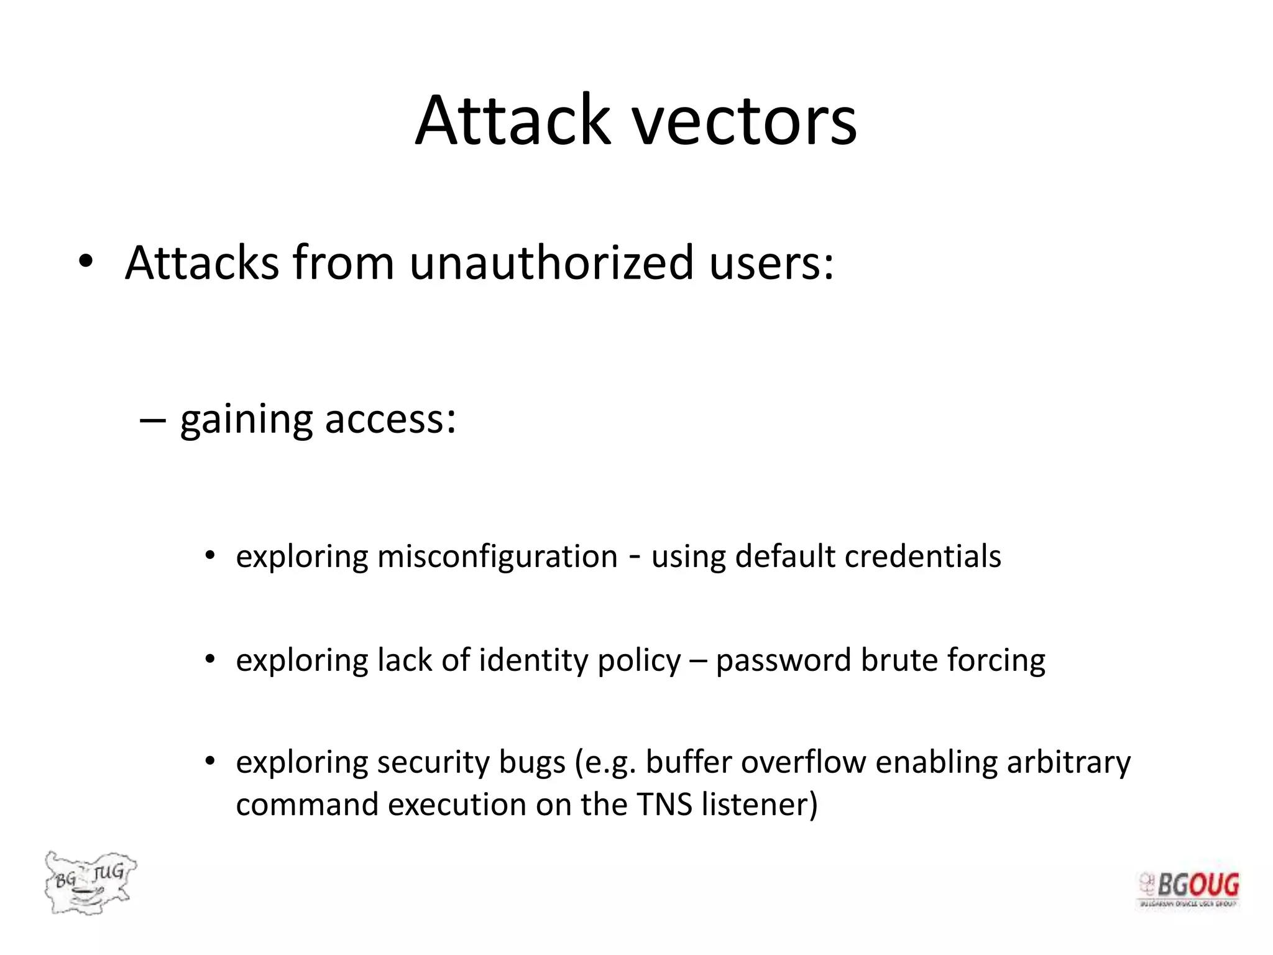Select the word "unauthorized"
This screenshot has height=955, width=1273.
pos(551,263)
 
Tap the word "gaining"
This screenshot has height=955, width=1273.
pos(246,420)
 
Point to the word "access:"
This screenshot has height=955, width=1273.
pos(390,419)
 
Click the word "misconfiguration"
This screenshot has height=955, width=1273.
pos(497,556)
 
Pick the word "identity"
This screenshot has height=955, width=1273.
pos(533,660)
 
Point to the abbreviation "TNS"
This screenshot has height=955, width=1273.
pos(664,805)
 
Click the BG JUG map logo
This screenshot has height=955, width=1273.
pos(90,882)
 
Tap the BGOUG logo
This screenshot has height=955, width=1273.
pos(1188,889)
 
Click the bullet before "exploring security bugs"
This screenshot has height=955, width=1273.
pos(210,761)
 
